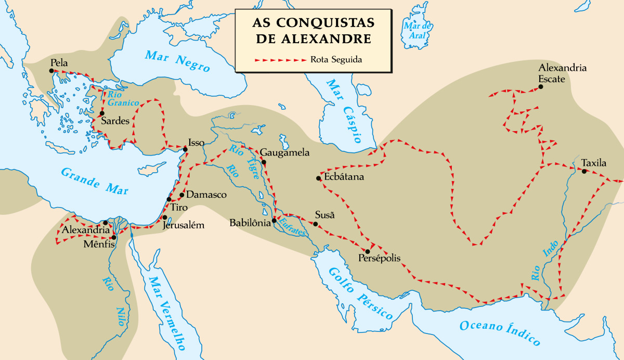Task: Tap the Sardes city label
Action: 115,121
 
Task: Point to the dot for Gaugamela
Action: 264,162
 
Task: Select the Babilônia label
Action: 250,223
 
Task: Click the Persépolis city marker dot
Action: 368,251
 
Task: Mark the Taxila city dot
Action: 584,171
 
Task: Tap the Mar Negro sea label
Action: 177,61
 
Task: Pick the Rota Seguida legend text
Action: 336,60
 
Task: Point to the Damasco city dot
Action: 181,195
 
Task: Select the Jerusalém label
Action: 183,225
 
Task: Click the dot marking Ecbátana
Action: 318,178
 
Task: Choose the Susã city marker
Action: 315,224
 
